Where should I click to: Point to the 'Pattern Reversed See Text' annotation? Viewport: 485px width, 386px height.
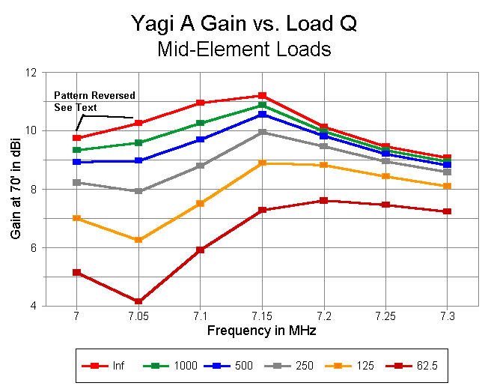[94, 101]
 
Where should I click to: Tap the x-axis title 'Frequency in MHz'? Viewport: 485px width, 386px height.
[261, 329]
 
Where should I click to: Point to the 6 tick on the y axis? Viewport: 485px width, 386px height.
[33, 248]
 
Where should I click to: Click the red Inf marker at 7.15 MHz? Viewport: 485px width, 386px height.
[262, 96]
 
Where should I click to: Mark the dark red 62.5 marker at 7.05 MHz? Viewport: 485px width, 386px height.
[138, 301]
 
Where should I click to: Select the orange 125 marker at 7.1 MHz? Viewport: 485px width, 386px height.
[200, 203]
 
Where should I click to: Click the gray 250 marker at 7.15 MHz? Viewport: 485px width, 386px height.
[262, 132]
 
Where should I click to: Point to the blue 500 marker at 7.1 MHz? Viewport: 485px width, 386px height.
[200, 139]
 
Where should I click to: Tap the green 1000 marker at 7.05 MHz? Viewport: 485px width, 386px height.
[138, 142]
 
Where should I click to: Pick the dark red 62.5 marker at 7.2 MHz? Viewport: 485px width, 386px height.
[323, 201]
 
